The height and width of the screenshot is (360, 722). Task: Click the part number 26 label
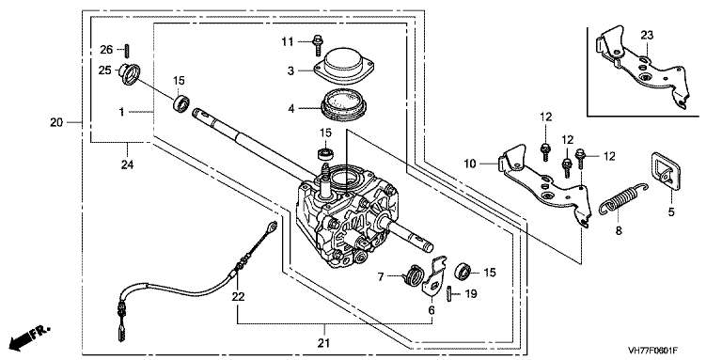[106, 50]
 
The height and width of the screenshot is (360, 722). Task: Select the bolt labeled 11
[317, 45]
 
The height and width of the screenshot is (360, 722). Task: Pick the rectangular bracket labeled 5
[667, 171]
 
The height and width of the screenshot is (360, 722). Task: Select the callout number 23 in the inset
[647, 35]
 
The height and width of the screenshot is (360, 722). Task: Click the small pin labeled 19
[449, 293]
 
